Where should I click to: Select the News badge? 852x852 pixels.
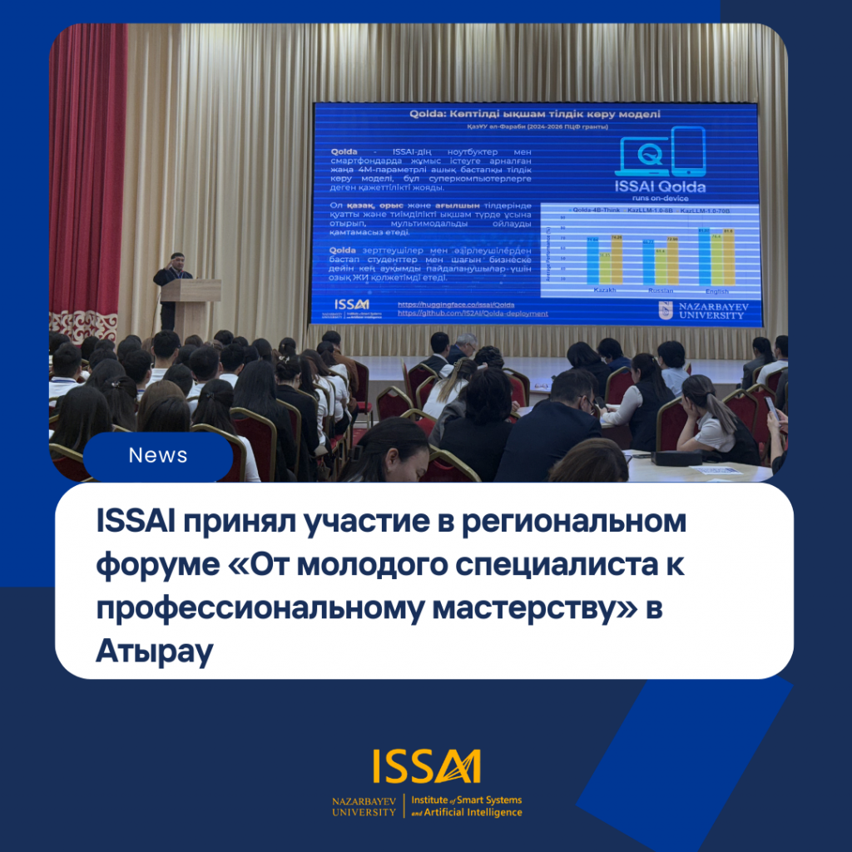point(158,456)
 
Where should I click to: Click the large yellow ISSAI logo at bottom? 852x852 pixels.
point(427,766)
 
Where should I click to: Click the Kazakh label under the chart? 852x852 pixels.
point(605,290)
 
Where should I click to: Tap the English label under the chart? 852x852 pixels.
point(716,291)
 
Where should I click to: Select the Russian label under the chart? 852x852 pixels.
point(660,291)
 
